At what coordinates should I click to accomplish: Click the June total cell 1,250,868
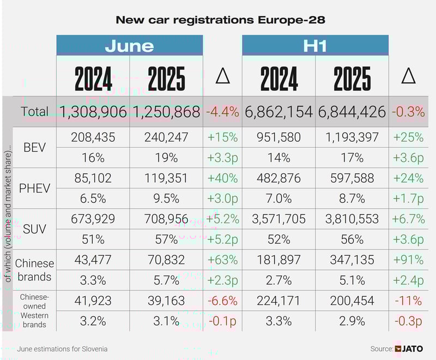166,112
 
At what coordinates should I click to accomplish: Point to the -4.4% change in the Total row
222,112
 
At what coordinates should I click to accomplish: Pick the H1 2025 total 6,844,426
352,112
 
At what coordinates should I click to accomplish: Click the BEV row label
35,147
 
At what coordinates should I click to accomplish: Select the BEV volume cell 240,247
166,137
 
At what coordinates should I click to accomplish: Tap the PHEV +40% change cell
222,178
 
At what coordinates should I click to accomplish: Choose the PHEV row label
35,188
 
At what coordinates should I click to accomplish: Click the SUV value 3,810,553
352,219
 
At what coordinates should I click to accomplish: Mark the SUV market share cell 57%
166,239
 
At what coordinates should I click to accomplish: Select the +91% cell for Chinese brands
408,260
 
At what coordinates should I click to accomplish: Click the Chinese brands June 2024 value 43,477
93,260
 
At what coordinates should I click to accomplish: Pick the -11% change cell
408,301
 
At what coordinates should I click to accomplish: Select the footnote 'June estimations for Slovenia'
62,349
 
